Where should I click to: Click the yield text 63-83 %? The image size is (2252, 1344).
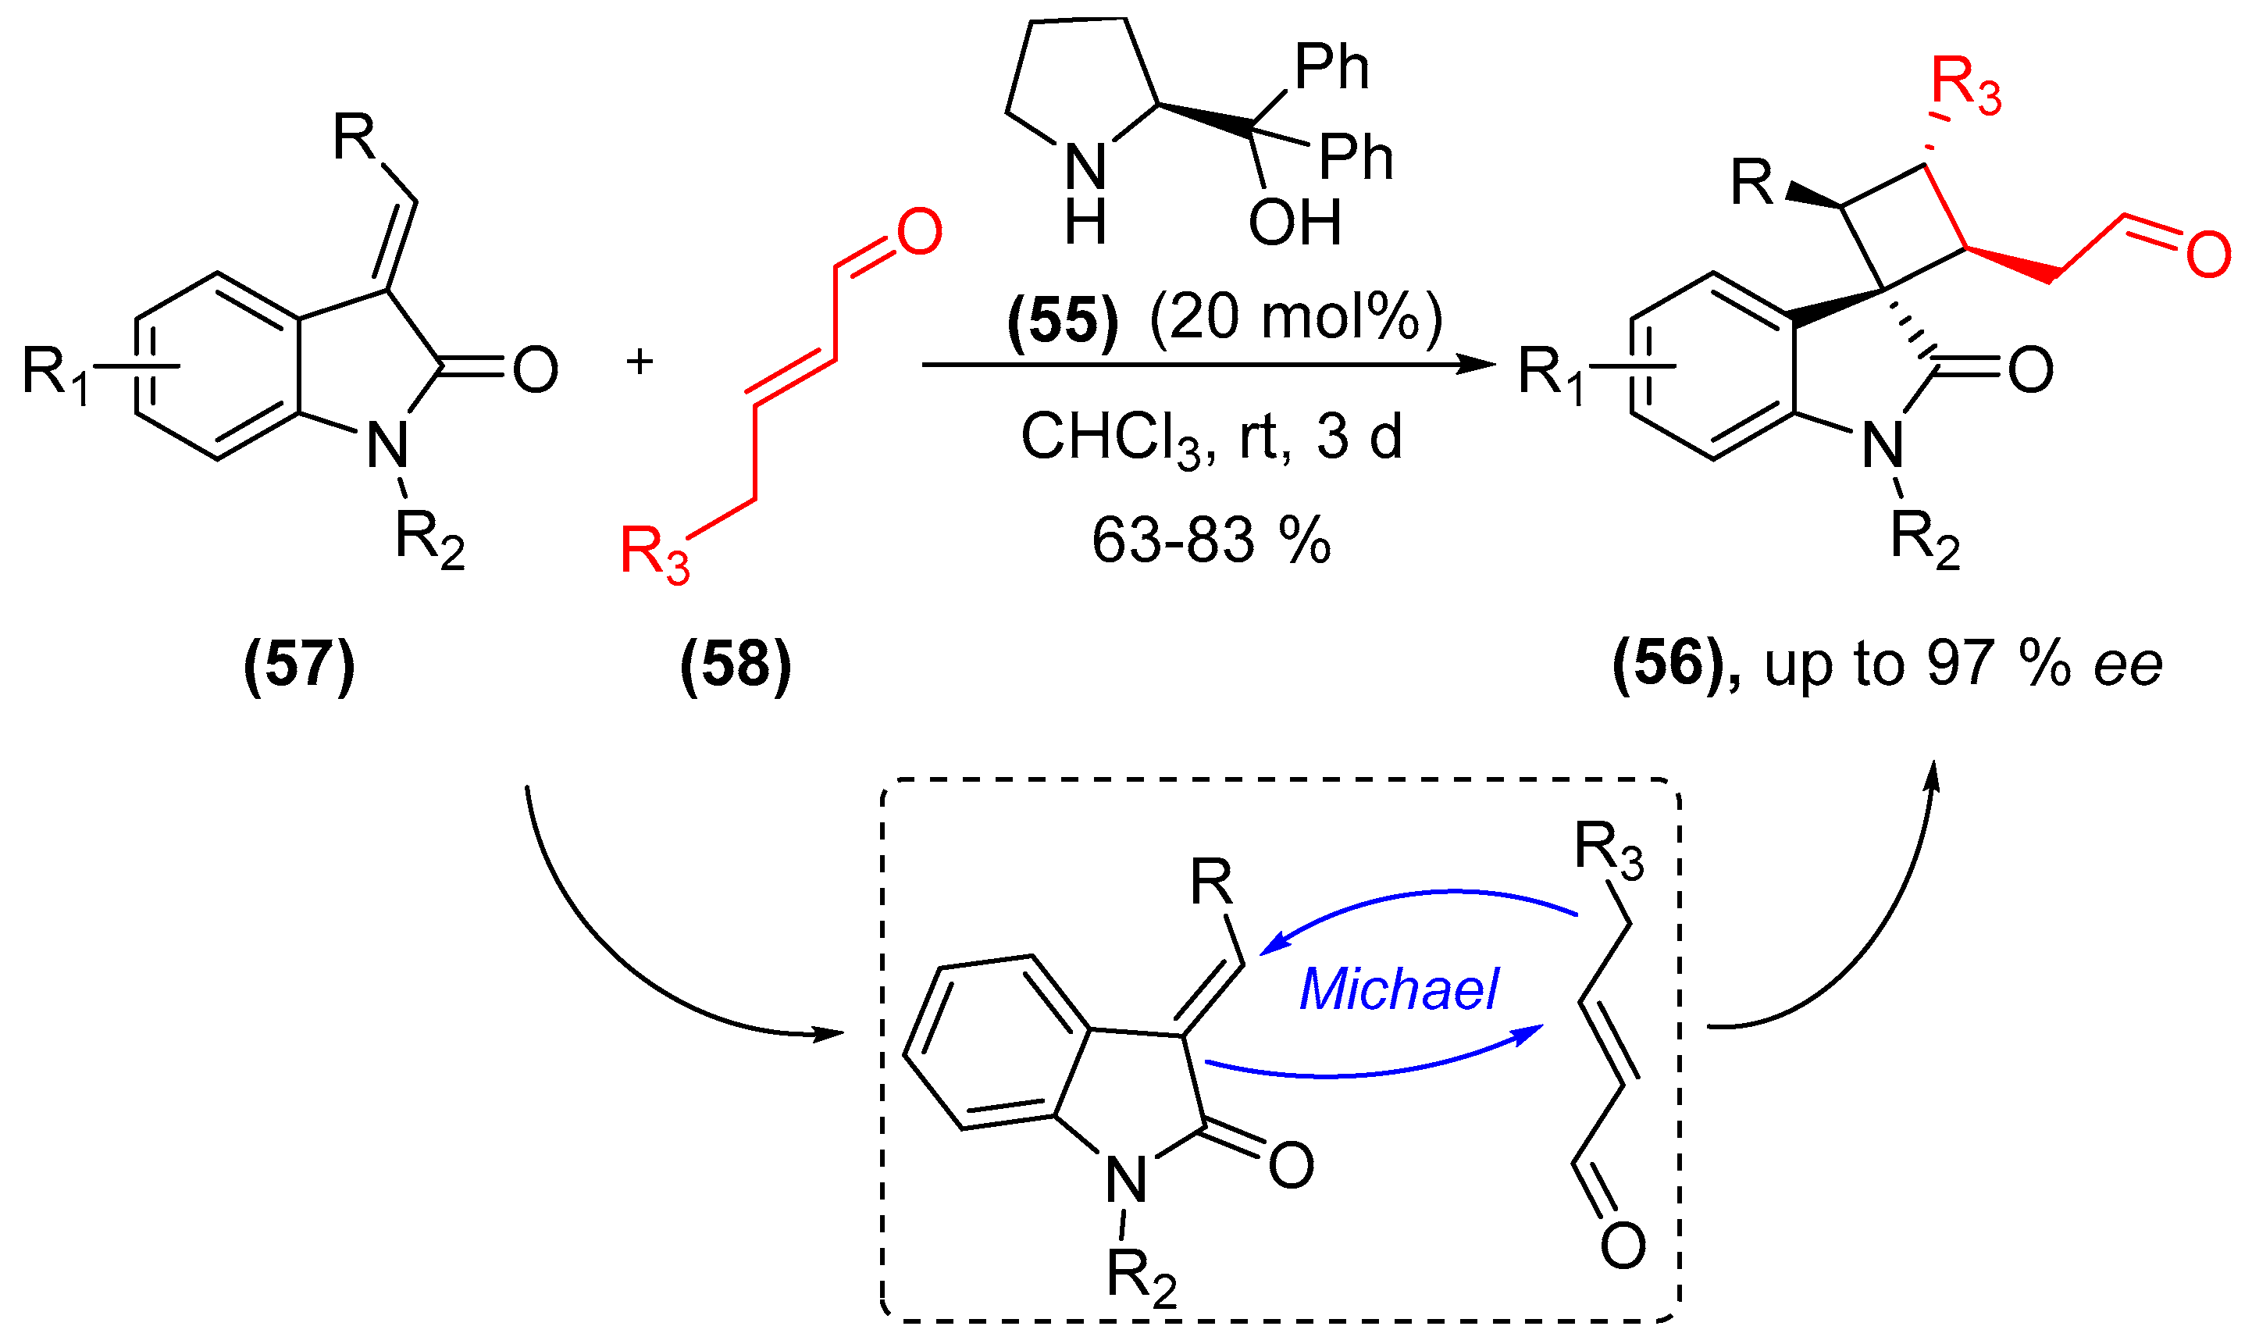click(x=1210, y=540)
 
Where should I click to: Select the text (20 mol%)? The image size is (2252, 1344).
click(x=1295, y=319)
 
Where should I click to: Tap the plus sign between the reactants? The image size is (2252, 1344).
click(x=640, y=362)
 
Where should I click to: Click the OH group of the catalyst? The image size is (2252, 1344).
click(x=1294, y=223)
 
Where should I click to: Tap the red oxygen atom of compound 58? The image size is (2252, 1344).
click(x=919, y=232)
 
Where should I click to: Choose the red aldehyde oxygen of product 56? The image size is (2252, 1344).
click(x=2208, y=255)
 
